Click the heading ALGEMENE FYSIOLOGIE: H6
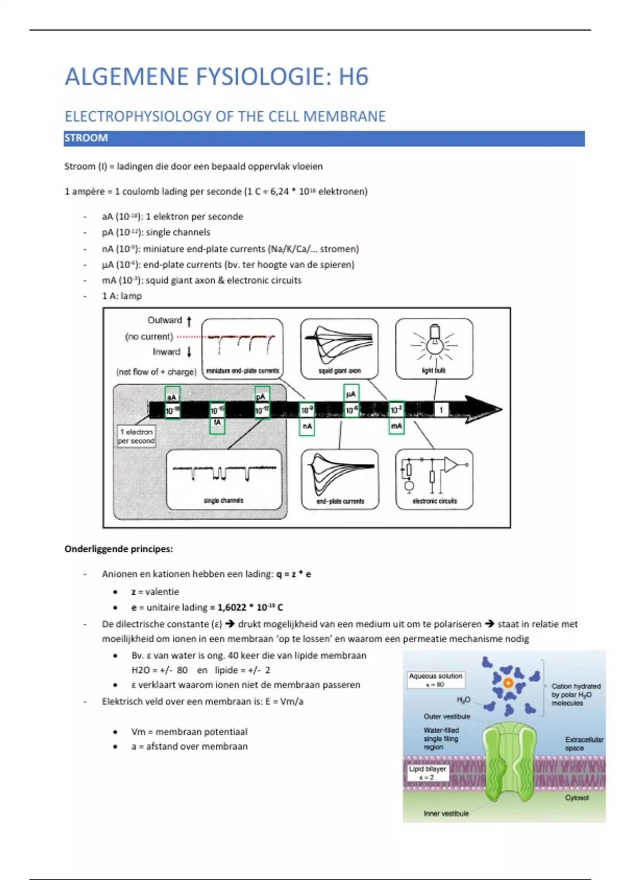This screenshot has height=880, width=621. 216,77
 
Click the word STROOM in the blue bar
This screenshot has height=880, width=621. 86,138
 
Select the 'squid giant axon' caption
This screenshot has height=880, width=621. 339,371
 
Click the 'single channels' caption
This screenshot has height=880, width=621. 224,501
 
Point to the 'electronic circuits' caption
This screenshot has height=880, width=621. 435,501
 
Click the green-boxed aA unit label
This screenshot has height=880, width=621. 172,397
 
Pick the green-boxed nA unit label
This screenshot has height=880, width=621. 307,426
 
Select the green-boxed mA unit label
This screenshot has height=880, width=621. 396,426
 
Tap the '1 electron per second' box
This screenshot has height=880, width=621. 137,436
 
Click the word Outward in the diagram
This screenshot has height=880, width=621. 165,320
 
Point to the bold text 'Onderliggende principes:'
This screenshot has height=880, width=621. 119,549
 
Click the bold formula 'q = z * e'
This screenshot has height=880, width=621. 293,574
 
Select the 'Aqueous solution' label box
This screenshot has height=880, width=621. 435,680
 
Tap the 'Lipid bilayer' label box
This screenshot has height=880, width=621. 427,773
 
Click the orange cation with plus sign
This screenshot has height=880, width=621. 508,683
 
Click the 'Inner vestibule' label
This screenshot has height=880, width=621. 446,814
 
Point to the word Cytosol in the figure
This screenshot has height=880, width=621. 576,798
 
